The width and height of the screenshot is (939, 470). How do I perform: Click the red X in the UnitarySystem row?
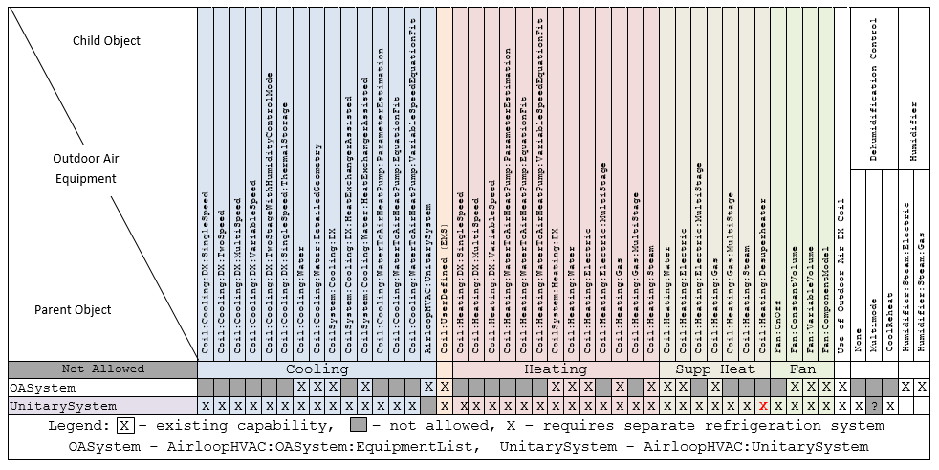762,406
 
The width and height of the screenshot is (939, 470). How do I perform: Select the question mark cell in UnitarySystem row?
873,406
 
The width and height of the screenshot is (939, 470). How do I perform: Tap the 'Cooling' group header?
317,369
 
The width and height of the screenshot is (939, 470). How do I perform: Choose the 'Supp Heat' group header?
715,369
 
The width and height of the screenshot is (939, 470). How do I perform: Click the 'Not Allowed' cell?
102,369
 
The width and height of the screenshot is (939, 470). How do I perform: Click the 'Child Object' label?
106,41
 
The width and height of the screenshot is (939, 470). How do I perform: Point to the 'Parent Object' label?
73,309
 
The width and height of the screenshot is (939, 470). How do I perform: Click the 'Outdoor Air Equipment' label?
84,168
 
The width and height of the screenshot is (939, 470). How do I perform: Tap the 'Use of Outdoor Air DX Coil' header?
841,278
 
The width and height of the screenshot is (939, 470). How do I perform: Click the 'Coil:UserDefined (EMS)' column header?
445,287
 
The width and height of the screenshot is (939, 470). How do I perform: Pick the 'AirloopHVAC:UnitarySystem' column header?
428,278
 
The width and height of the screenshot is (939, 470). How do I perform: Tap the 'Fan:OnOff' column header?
777,325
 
